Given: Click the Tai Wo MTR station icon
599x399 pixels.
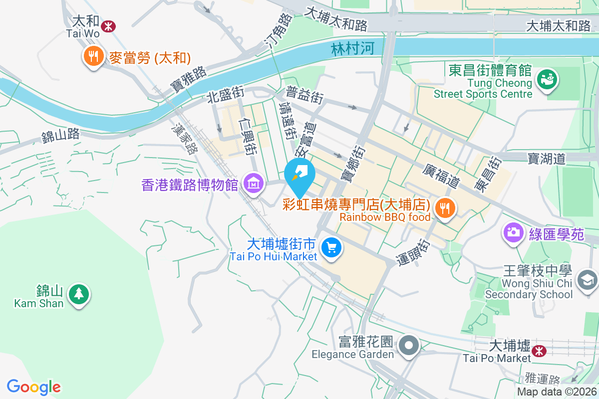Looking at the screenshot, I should (108, 25).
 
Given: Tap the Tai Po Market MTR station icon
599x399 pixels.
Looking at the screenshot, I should (539, 351).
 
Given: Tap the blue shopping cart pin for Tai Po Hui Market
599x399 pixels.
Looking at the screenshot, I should (331, 247).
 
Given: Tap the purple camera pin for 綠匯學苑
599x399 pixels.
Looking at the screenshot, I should (513, 232).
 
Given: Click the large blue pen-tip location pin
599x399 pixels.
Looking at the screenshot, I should (299, 175).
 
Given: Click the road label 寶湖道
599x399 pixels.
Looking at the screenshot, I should (547, 159).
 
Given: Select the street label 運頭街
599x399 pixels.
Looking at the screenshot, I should (415, 253).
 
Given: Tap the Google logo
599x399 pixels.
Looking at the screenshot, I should (34, 387).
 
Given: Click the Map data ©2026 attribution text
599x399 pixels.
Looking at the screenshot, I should (557, 392).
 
